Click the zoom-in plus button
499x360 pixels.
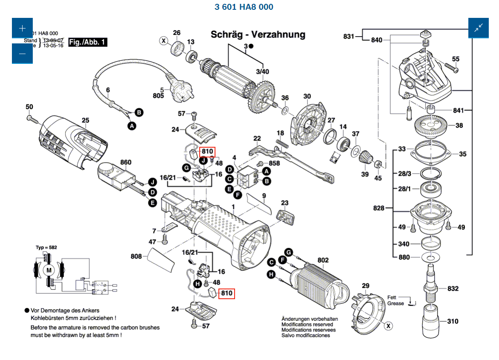[x=22, y=29]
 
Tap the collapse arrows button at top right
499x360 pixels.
[x=479, y=28]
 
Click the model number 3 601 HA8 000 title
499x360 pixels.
[x=244, y=7]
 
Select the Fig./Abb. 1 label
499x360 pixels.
[x=88, y=42]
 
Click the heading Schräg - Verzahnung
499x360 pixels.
[x=258, y=34]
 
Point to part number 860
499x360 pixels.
[x=126, y=162]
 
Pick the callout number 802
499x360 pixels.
[x=323, y=260]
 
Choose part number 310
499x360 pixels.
[x=453, y=321]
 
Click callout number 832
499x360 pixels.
[x=453, y=289]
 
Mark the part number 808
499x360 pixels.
[x=136, y=257]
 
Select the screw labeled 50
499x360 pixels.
[x=31, y=119]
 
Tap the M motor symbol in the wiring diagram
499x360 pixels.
[x=49, y=270]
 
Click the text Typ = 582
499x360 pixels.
[x=46, y=247]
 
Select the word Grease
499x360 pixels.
[x=396, y=303]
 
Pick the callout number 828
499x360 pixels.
[x=379, y=208]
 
